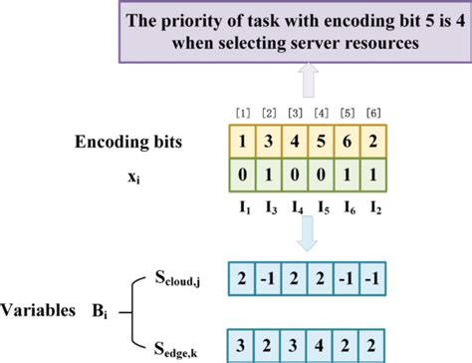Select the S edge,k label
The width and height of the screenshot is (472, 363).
(187, 343)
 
